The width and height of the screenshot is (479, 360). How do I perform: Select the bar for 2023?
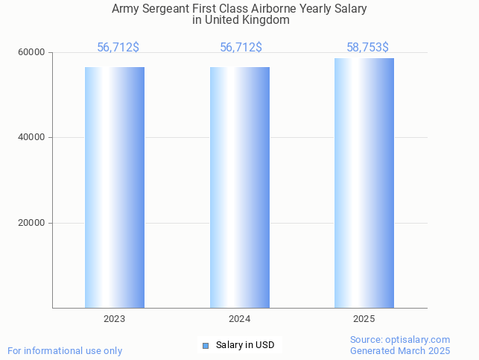tap(115, 187)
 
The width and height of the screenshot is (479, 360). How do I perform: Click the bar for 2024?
tap(240, 187)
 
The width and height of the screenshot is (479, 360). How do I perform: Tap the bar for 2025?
tap(364, 183)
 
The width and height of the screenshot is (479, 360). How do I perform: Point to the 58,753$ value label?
tap(367, 48)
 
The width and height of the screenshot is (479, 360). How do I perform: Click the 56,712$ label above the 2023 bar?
tap(118, 48)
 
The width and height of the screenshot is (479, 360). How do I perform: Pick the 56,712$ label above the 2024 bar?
tap(241, 48)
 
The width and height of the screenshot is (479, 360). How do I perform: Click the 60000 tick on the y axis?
tap(32, 52)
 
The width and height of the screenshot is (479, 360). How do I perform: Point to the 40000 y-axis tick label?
tap(32, 138)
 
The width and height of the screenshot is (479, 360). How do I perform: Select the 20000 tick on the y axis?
tap(32, 223)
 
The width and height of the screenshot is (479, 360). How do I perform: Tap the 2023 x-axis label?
tap(115, 319)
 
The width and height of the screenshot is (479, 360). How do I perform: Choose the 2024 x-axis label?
tap(240, 319)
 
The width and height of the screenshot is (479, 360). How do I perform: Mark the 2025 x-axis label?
tap(364, 319)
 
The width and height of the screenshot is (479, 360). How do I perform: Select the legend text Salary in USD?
tap(245, 345)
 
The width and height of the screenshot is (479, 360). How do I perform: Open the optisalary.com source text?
tap(400, 340)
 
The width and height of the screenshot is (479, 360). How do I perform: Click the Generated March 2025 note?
tap(400, 351)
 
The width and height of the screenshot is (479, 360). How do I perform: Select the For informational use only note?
tap(65, 351)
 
